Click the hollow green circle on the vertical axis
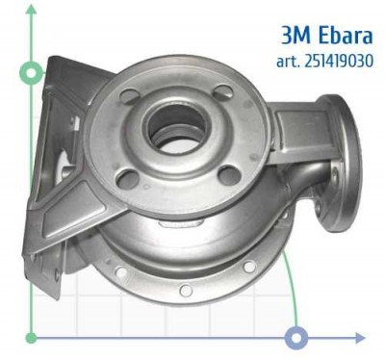[x=32, y=73]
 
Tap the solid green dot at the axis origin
[x=32, y=337]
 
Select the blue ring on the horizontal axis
[x=296, y=337]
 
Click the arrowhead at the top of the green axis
[x=32, y=9]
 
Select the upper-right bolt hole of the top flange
[x=223, y=92]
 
